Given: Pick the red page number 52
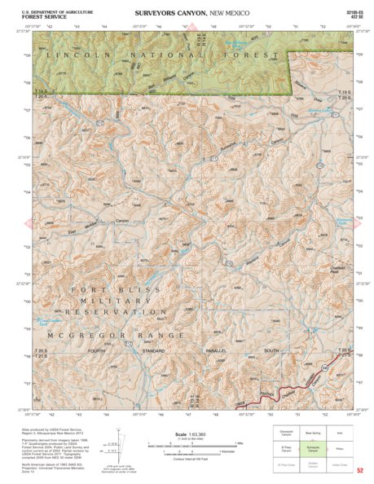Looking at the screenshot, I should [x=360, y=471].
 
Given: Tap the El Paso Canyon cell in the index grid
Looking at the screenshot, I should [x=286, y=449].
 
